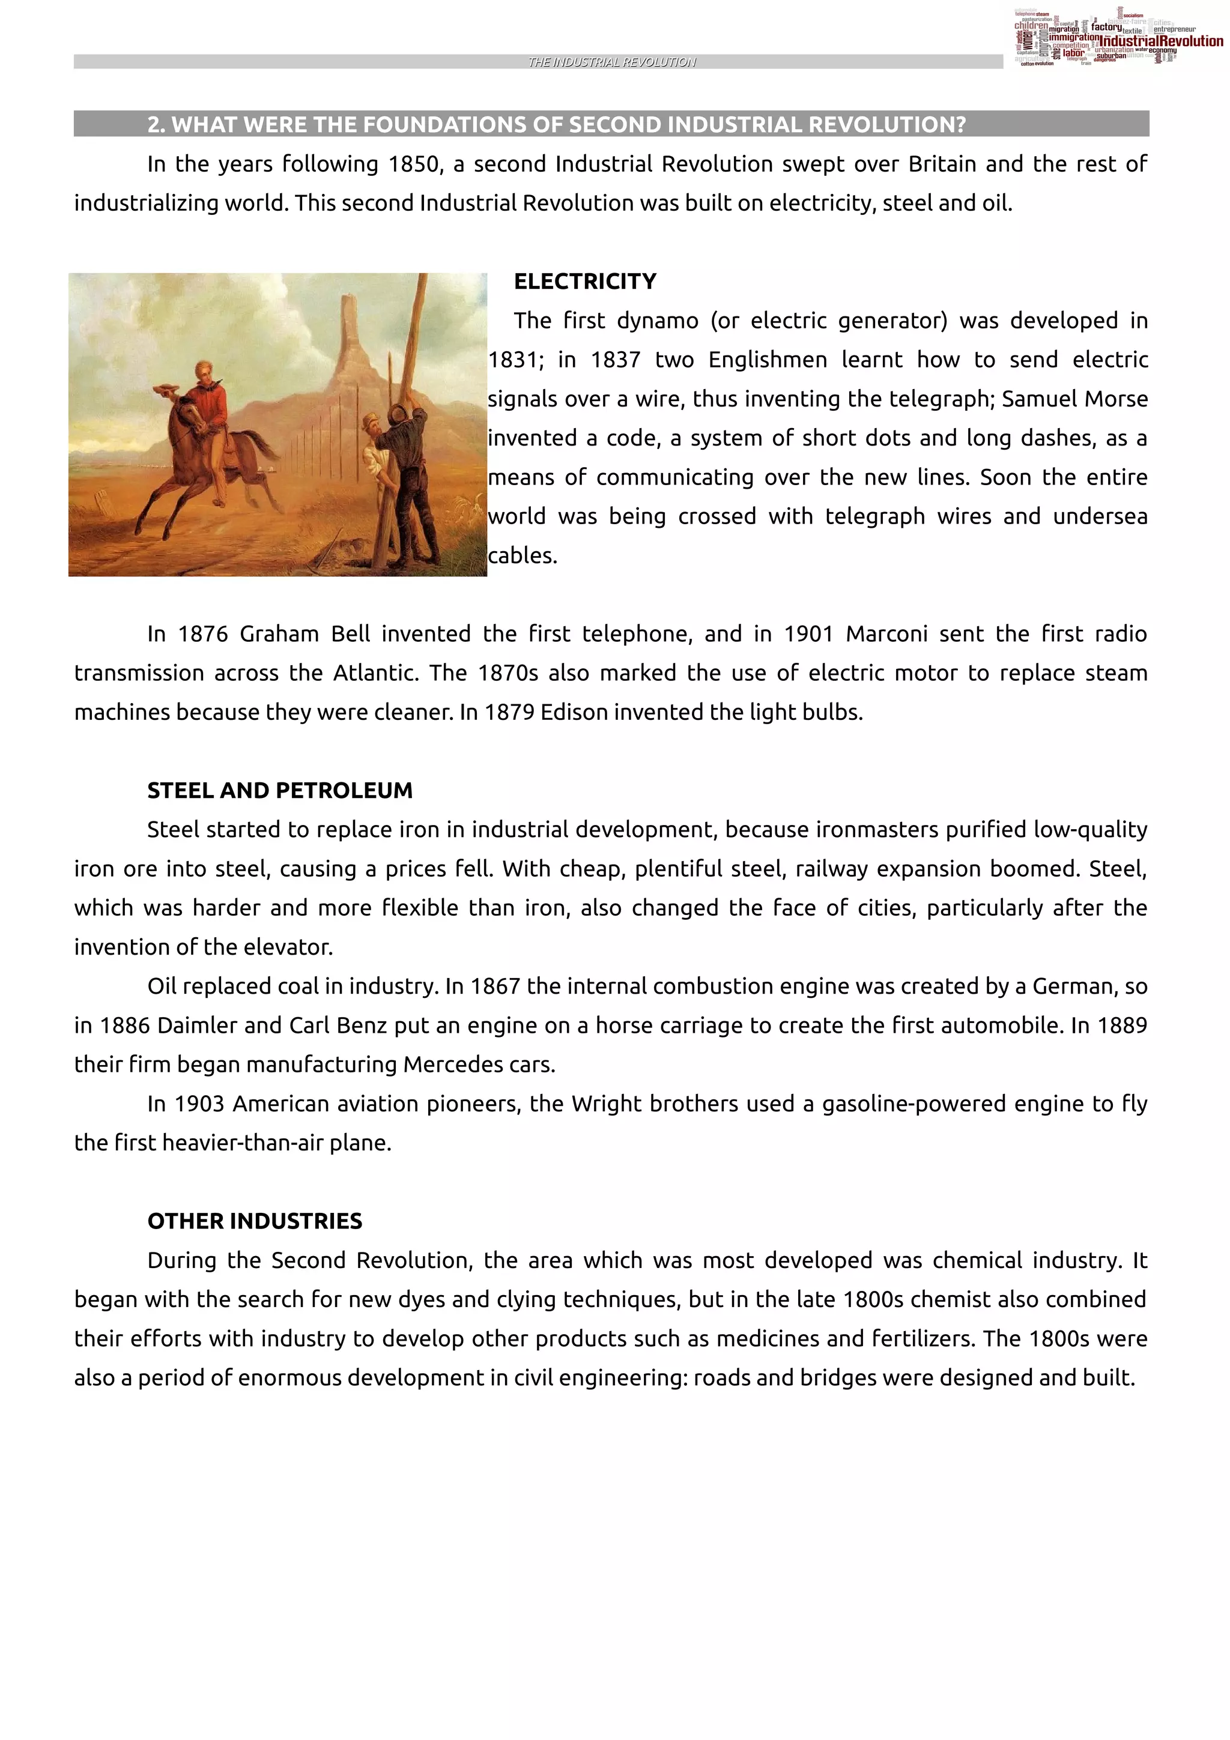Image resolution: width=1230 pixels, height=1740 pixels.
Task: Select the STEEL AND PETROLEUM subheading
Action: coord(280,790)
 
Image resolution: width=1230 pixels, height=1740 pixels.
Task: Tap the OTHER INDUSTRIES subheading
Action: coord(255,1221)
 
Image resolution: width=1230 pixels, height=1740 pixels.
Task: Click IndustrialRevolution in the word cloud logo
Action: coord(1160,41)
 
